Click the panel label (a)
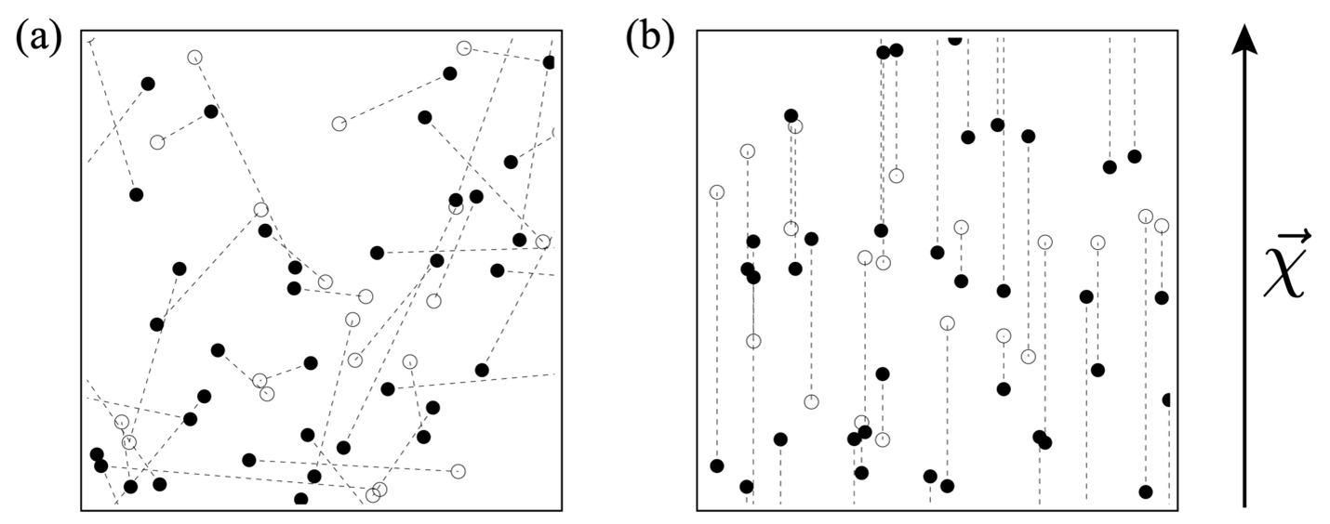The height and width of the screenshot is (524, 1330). [x=38, y=38]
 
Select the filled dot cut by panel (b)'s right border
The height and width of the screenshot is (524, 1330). [x=1167, y=400]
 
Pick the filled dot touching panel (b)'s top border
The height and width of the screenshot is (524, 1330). [x=954, y=38]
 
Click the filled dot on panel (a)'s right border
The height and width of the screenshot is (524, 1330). [x=549, y=62]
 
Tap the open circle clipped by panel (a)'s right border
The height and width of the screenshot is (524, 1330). [x=555, y=133]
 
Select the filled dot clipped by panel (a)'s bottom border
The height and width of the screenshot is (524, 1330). [x=300, y=500]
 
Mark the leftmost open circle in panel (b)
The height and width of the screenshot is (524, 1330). [x=716, y=192]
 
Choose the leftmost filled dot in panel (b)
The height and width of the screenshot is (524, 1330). [x=716, y=465]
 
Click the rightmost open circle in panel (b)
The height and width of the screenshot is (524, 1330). [x=1161, y=226]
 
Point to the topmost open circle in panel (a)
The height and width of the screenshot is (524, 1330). [x=464, y=47]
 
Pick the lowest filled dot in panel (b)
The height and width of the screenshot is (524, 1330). [x=1146, y=491]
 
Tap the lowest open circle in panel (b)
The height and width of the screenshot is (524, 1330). [x=883, y=439]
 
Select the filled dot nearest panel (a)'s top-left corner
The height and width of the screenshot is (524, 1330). [x=147, y=84]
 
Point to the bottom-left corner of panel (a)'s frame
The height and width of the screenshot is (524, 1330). [x=82, y=510]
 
